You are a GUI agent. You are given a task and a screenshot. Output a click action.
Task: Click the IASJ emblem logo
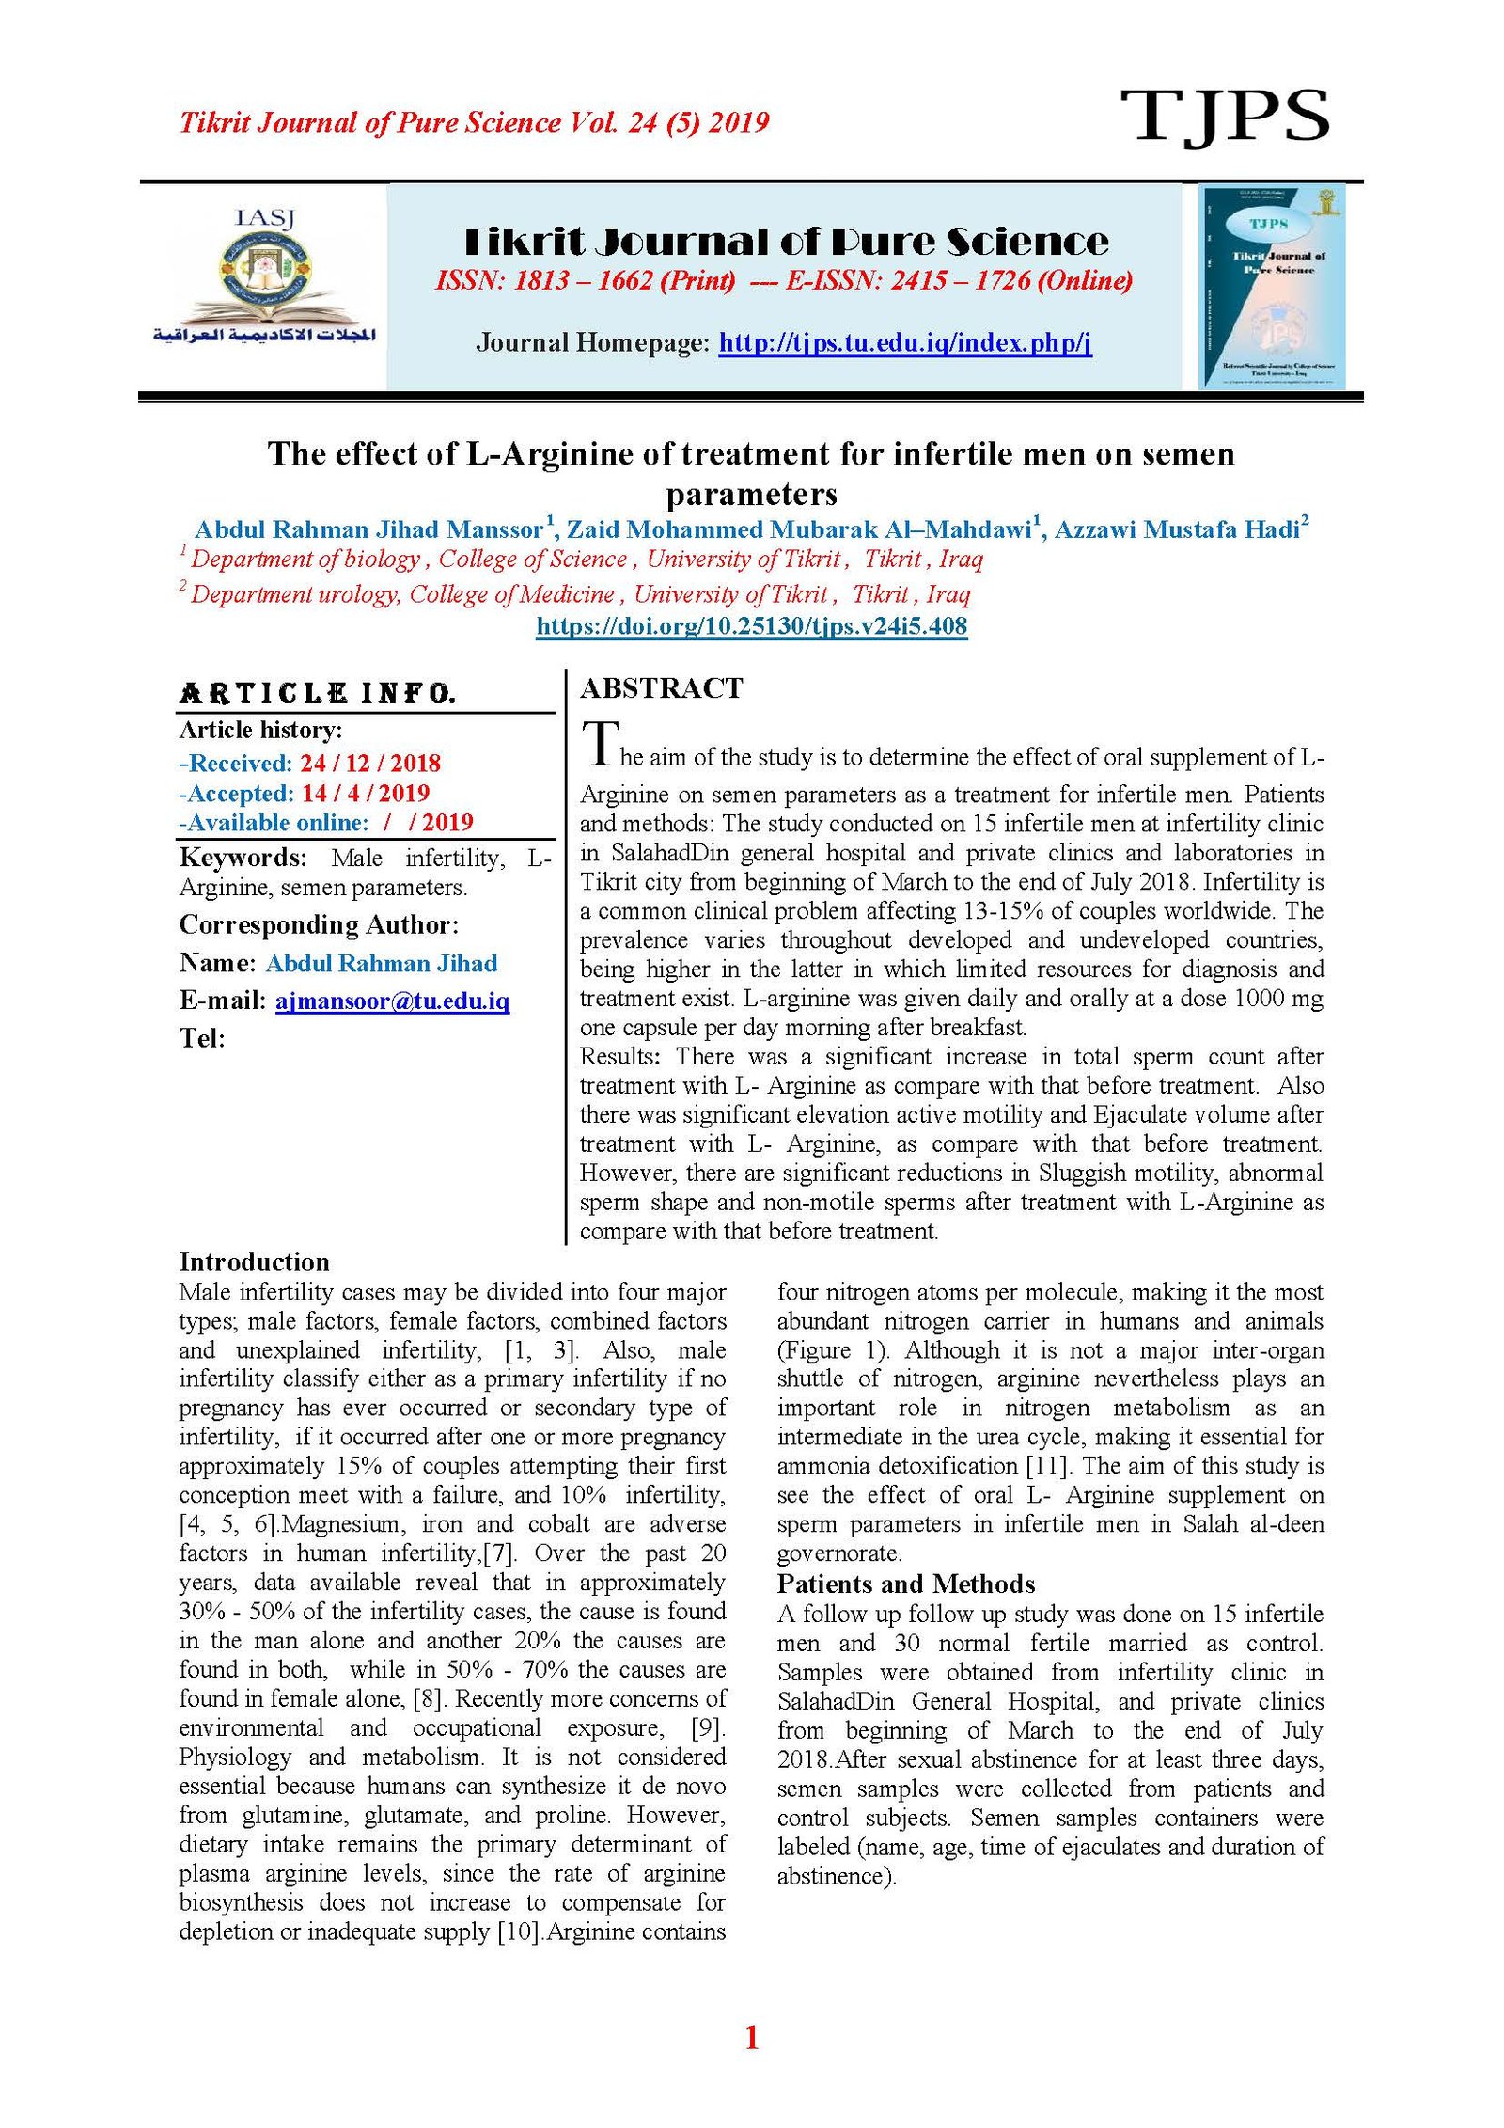pyautogui.click(x=264, y=278)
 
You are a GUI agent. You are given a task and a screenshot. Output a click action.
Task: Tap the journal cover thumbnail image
pyautogui.click(x=1271, y=286)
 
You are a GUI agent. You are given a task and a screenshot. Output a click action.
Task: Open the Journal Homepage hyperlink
pyautogui.click(x=904, y=342)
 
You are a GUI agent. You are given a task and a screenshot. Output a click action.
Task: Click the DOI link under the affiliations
pyautogui.click(x=751, y=626)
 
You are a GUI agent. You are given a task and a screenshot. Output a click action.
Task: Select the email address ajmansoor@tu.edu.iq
pyautogui.click(x=392, y=1001)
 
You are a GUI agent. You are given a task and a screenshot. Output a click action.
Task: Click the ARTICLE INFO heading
pyautogui.click(x=318, y=694)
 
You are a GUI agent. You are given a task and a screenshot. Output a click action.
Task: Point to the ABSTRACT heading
pyautogui.click(x=661, y=688)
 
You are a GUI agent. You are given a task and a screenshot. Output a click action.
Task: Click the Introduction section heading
pyautogui.click(x=254, y=1262)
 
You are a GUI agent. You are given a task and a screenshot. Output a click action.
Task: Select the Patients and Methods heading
pyautogui.click(x=905, y=1584)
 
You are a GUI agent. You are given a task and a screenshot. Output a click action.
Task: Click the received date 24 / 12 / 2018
pyautogui.click(x=370, y=763)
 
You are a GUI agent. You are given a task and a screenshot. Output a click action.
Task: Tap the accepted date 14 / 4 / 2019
pyautogui.click(x=366, y=793)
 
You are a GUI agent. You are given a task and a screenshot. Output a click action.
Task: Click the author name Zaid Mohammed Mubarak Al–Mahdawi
pyautogui.click(x=798, y=529)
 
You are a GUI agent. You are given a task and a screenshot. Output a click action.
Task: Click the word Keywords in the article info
pyautogui.click(x=243, y=858)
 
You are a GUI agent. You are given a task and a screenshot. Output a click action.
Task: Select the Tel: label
pyautogui.click(x=202, y=1038)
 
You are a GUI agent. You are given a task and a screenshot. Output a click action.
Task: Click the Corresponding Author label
pyautogui.click(x=319, y=925)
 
